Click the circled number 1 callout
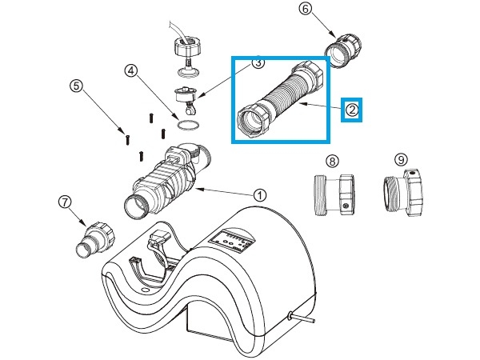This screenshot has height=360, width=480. point(260,195)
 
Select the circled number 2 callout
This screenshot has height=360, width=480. point(352,110)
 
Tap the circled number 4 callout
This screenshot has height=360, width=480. point(131,71)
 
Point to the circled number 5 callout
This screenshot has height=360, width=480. point(76,86)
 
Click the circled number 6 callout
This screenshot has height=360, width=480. point(306,9)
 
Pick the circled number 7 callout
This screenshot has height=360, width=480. point(65,202)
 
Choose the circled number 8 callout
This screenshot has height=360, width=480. point(333,161)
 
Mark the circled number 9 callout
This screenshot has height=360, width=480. point(401,159)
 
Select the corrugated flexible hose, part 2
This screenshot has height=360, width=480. point(281,100)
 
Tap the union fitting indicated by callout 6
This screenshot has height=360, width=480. point(344,50)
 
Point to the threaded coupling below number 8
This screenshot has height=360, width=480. point(334,195)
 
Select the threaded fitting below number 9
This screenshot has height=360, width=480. point(403,193)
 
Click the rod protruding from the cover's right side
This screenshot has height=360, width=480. point(302,318)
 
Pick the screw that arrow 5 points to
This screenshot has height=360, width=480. point(127,140)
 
